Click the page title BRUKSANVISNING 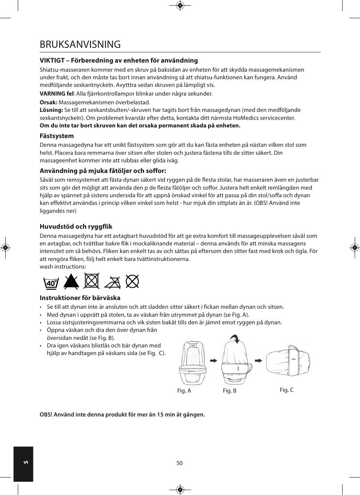click(80, 44)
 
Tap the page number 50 click(180, 463)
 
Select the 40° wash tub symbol click(52, 282)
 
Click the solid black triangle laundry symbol click(71, 281)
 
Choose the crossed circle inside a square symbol click(92, 281)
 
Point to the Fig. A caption click(184, 391)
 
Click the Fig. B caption click(230, 391)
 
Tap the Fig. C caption click(286, 390)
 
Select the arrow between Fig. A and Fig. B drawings click(214, 360)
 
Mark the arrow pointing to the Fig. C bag click(259, 360)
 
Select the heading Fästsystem click(57, 136)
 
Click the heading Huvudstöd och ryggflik click(76, 227)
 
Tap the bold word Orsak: click(49, 102)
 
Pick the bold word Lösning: click(52, 110)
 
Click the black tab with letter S click(23, 464)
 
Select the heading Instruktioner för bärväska click(80, 298)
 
